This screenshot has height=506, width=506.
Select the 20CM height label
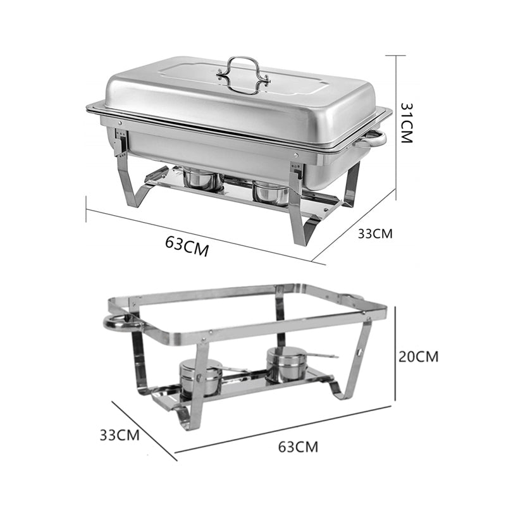pyautogui.click(x=418, y=356)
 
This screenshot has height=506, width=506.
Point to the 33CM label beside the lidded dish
pyautogui.click(x=375, y=233)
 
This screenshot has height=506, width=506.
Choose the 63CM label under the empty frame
pyautogui.click(x=298, y=447)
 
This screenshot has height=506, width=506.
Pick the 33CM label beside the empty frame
pyautogui.click(x=120, y=435)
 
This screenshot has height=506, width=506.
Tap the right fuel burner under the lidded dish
pyautogui.click(x=270, y=192)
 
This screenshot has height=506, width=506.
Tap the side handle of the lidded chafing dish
pyautogui.click(x=373, y=139)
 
